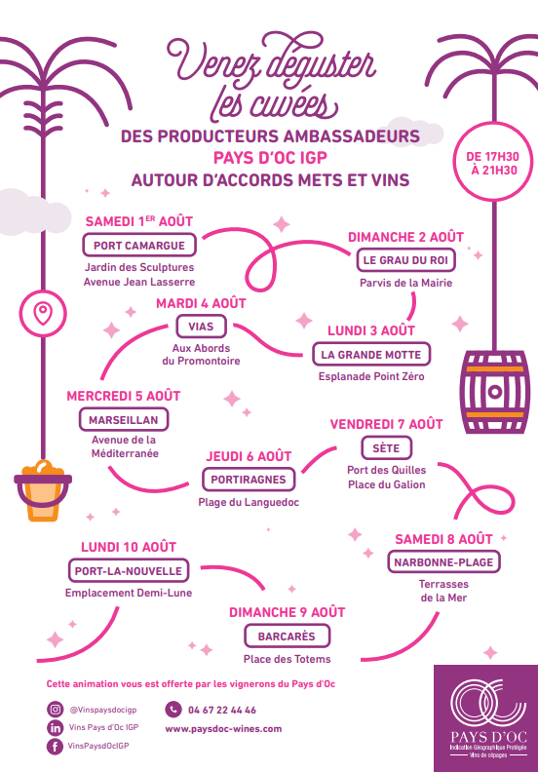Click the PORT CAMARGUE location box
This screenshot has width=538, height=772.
point(139,246)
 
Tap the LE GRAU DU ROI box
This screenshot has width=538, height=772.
point(405,260)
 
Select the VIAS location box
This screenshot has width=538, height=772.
point(201,327)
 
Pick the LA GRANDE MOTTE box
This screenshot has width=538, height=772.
point(371,355)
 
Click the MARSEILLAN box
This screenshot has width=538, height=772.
point(124,420)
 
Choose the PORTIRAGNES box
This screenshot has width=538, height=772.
point(249,480)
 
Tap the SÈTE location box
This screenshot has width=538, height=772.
point(386,448)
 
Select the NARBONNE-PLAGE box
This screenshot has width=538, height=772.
point(443,562)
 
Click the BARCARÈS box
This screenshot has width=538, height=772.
point(287,637)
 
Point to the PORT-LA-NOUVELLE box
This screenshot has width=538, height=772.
point(129,570)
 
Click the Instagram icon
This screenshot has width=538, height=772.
point(56,710)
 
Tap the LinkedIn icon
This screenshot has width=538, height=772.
point(56,728)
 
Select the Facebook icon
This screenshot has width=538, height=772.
point(56,746)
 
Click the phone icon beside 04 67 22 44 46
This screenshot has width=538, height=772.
point(173,710)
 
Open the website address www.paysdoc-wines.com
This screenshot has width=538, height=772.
point(223,729)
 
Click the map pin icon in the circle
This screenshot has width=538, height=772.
point(43,314)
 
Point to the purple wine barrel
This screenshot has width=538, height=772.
point(494,392)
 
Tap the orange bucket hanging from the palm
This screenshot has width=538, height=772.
point(43,491)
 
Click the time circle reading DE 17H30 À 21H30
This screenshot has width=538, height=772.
point(493,163)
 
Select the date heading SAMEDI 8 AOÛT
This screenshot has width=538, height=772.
point(443,539)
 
